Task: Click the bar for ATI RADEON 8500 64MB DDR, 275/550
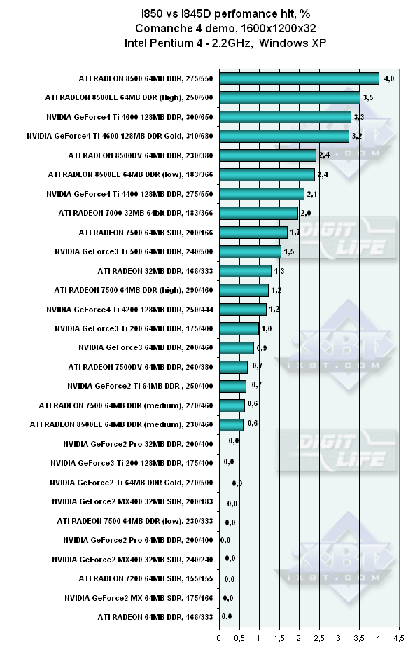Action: click(x=299, y=78)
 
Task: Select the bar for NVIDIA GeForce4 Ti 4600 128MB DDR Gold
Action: click(x=283, y=136)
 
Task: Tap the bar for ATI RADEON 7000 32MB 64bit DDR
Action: click(x=258, y=213)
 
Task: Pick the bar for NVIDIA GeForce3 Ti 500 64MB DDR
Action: click(x=250, y=251)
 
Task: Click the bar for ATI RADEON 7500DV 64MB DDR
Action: click(x=233, y=367)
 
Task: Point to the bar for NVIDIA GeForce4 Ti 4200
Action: click(x=242, y=309)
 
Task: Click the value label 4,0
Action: click(x=390, y=78)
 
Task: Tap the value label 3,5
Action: click(x=368, y=98)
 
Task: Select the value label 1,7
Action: click(x=295, y=232)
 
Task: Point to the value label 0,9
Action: click(x=263, y=347)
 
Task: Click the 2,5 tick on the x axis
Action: click(x=319, y=637)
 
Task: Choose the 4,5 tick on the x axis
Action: click(x=399, y=637)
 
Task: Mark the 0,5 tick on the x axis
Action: click(x=239, y=637)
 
